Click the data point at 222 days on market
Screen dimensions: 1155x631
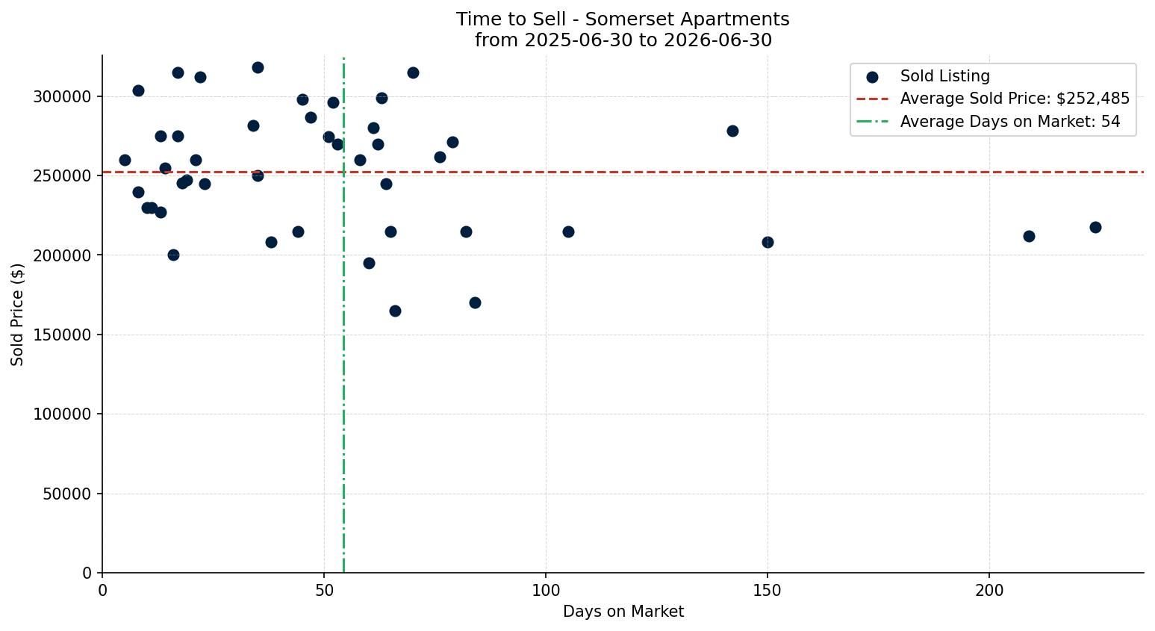[x=1095, y=227]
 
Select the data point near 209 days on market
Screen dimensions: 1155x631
[x=1029, y=237]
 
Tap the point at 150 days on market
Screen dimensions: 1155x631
[x=768, y=242]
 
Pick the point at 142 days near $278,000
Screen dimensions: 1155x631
[x=732, y=131]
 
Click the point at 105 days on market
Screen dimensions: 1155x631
[x=568, y=232]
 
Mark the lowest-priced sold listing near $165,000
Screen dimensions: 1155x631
[x=395, y=311]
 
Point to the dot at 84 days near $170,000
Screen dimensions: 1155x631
[x=475, y=302]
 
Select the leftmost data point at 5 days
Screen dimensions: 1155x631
[x=125, y=161]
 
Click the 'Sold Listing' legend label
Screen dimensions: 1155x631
[x=944, y=76]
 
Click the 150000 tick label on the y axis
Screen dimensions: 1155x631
[x=62, y=335]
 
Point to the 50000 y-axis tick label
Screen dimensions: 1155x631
[x=66, y=494]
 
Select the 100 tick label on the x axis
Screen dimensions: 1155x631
[x=546, y=590]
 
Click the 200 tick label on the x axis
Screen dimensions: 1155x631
[x=989, y=590]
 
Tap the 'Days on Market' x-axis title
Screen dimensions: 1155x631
[x=623, y=612]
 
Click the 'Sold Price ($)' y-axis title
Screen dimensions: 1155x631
[x=17, y=314]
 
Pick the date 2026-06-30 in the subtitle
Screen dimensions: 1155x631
[x=717, y=40]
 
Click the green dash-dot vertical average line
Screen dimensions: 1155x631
[x=343, y=314]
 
